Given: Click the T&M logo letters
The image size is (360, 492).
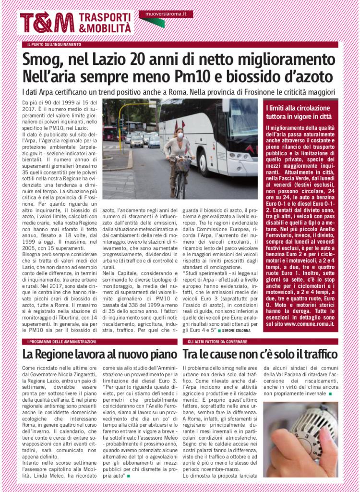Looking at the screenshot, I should (x=47, y=22).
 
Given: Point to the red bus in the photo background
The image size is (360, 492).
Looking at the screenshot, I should (x=109, y=133).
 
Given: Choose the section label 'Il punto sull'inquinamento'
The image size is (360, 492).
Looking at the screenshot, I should (x=54, y=45).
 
